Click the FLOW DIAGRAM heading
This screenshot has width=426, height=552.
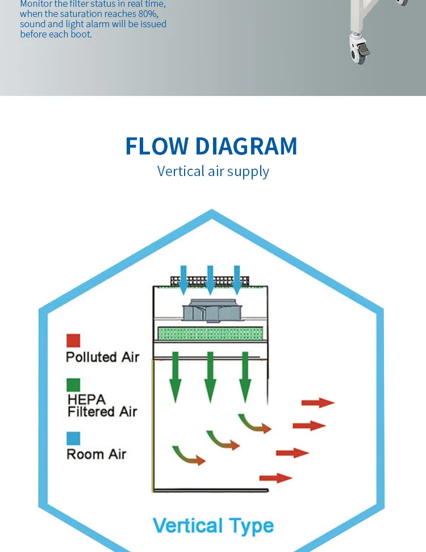click(x=211, y=146)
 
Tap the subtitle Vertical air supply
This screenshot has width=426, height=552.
click(x=213, y=171)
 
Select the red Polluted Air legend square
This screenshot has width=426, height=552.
click(x=73, y=340)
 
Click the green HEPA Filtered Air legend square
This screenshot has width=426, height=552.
click(x=73, y=385)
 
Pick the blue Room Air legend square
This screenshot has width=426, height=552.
click(x=73, y=438)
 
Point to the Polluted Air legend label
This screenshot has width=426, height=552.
click(x=102, y=357)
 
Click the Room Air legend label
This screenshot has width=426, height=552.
click(x=96, y=454)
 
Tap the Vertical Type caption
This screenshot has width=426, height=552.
click(x=213, y=525)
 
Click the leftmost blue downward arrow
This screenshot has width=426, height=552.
click(x=183, y=280)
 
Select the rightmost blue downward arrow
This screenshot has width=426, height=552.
click(x=236, y=280)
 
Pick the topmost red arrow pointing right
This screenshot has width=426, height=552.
click(x=318, y=403)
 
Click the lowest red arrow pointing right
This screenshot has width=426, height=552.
click(x=275, y=478)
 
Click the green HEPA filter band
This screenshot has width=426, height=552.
click(x=210, y=333)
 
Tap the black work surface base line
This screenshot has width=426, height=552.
click(x=210, y=490)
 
